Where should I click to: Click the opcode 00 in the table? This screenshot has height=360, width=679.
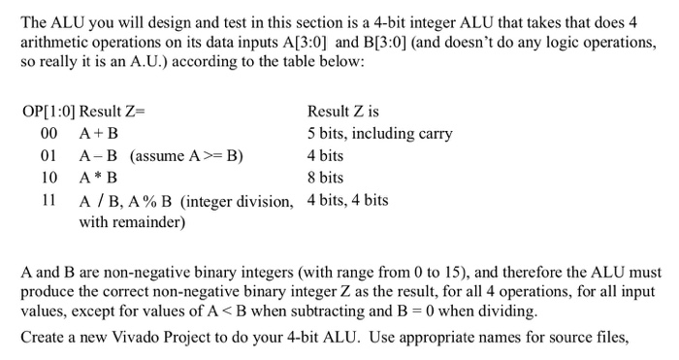click(x=48, y=134)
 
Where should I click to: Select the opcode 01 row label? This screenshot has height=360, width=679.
click(x=48, y=156)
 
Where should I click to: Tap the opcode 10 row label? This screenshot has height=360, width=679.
click(x=48, y=179)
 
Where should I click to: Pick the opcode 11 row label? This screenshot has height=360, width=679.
click(x=48, y=201)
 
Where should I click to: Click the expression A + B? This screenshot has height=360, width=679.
click(x=99, y=134)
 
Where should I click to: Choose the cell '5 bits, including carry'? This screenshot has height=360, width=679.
click(x=379, y=134)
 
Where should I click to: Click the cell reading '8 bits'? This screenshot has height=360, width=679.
click(x=325, y=179)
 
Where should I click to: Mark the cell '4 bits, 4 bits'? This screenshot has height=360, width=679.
click(x=347, y=201)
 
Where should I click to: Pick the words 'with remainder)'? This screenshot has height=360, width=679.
click(x=132, y=222)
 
